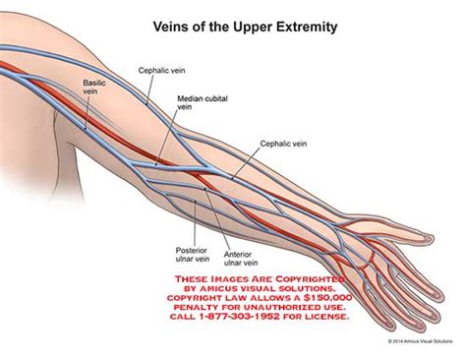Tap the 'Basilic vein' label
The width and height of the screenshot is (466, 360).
point(96,89)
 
